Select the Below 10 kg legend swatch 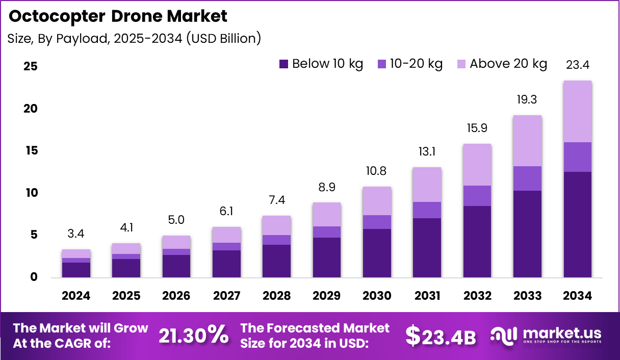coord(283,64)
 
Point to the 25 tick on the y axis coord(31,67)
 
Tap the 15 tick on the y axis coord(31,151)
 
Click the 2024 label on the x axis coord(76,296)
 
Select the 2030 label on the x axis coord(377,296)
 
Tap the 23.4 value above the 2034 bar coord(578,65)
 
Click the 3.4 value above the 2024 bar coord(76,234)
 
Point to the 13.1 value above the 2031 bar coord(427,151)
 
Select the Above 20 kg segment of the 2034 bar coord(578,111)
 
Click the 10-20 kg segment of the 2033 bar coord(527,178)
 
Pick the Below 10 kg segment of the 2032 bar coord(477,242)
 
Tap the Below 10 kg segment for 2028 coord(276,261)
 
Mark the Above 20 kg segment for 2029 coord(327,214)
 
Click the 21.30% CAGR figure coord(193,336)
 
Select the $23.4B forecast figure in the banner coord(441,337)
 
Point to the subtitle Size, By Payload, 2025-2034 coord(134,38)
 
